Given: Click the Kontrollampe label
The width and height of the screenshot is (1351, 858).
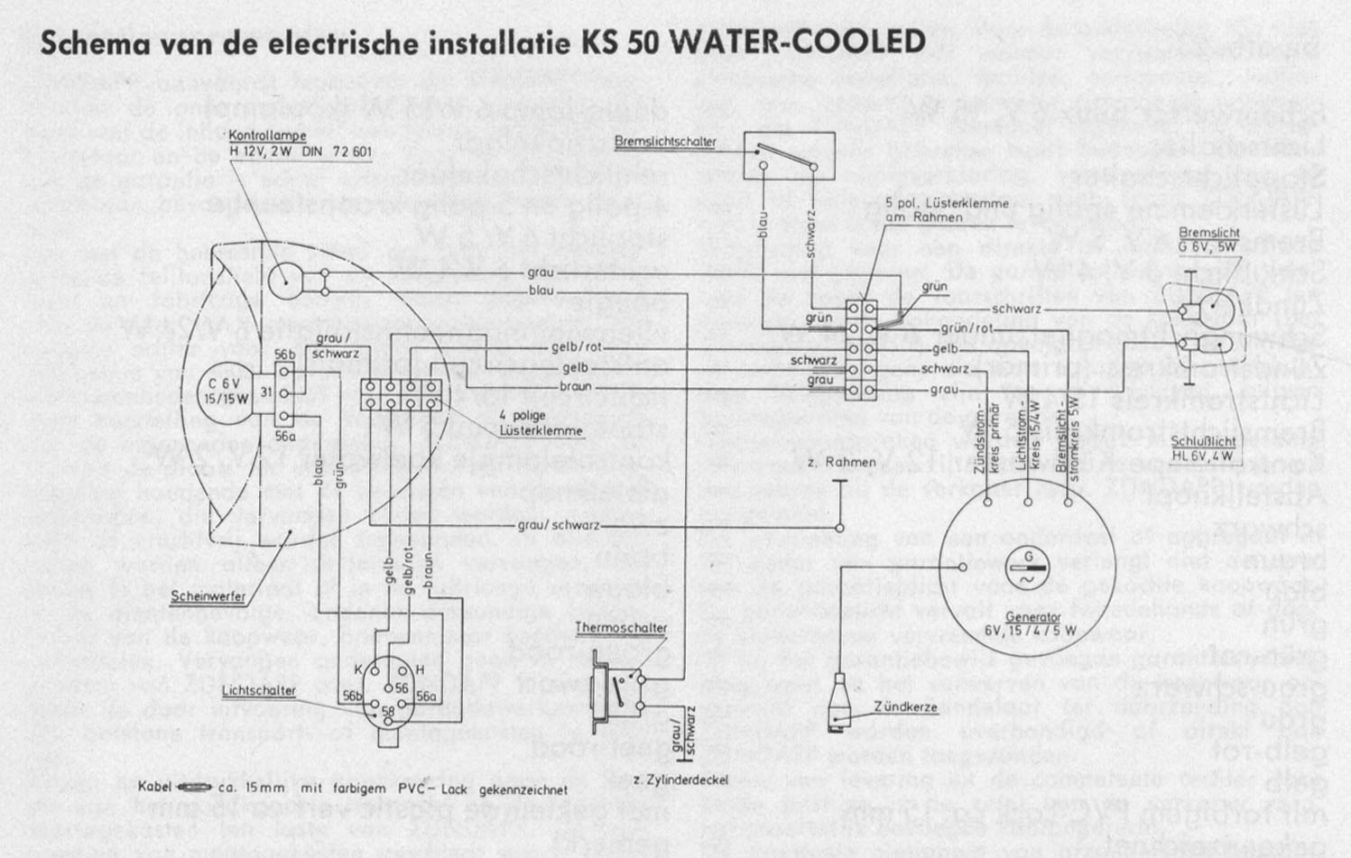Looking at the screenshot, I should (x=262, y=136).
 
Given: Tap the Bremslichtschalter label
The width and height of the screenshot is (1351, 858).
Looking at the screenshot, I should (x=665, y=142).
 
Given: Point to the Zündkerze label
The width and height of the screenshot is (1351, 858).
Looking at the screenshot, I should (x=905, y=706).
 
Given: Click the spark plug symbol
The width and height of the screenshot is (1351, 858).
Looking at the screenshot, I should (x=841, y=699).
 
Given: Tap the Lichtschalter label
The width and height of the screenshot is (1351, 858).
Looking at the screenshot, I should (x=259, y=691).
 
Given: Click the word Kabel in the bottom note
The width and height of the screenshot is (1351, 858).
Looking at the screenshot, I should (x=154, y=788).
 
